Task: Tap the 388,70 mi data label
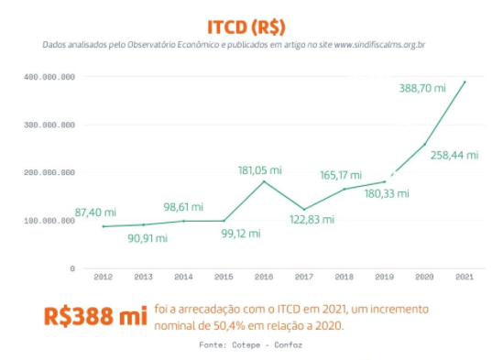(x=422, y=88)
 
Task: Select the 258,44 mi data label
(x=454, y=155)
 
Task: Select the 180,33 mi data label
(x=385, y=193)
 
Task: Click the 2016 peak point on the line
(x=264, y=181)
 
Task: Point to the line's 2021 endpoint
(x=465, y=82)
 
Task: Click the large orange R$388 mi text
(x=95, y=317)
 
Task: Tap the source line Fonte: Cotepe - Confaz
(x=250, y=345)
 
